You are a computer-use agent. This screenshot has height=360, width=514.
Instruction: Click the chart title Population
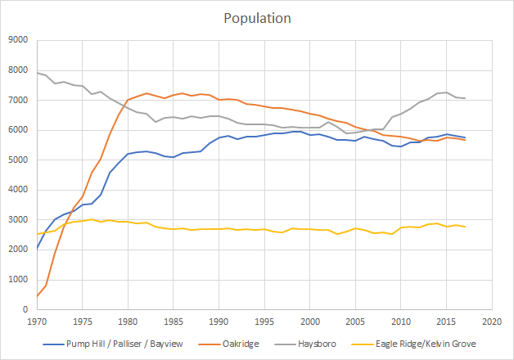257,17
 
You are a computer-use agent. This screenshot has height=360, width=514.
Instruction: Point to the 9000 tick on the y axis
17,40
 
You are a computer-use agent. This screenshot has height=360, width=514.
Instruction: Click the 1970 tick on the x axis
36,322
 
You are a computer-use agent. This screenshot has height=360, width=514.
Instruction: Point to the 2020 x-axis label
493,322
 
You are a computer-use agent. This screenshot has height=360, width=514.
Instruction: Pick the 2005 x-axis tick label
356,322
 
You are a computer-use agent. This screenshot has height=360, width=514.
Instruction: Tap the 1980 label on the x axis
128,322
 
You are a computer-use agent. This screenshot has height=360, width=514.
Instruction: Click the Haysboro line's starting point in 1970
37,73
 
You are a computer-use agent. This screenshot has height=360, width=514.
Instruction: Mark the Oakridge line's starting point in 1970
37,296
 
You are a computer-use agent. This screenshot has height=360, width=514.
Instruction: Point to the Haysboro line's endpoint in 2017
466,98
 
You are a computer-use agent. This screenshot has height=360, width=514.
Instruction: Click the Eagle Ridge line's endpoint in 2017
466,227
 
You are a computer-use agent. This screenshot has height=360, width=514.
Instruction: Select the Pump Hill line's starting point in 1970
37,248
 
